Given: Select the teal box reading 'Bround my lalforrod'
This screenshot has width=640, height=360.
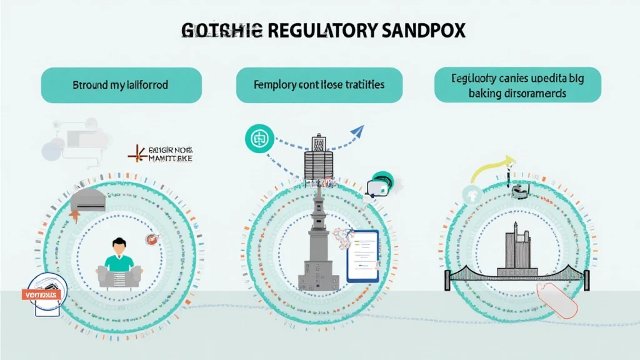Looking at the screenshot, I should [121, 85].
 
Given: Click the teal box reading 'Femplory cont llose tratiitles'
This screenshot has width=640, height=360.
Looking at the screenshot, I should [319, 85].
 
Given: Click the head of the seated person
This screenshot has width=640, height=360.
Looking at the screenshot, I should [117, 245].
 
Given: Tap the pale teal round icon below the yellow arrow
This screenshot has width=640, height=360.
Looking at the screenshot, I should [470, 196].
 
